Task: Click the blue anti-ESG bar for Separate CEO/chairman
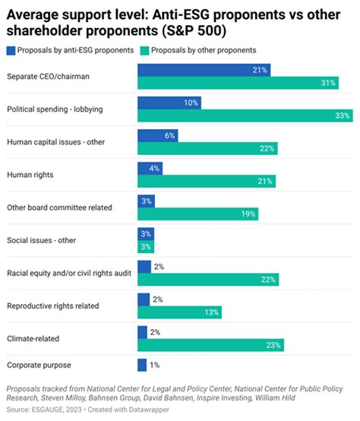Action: (x=204, y=70)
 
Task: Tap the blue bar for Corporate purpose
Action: (x=141, y=365)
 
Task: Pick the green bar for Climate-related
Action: (x=210, y=344)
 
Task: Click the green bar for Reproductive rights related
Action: (x=179, y=312)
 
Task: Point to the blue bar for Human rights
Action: (x=149, y=168)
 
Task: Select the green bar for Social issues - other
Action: (x=145, y=247)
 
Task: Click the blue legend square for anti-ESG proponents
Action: (x=11, y=49)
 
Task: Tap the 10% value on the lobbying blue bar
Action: (x=191, y=103)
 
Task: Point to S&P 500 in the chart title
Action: (x=201, y=29)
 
